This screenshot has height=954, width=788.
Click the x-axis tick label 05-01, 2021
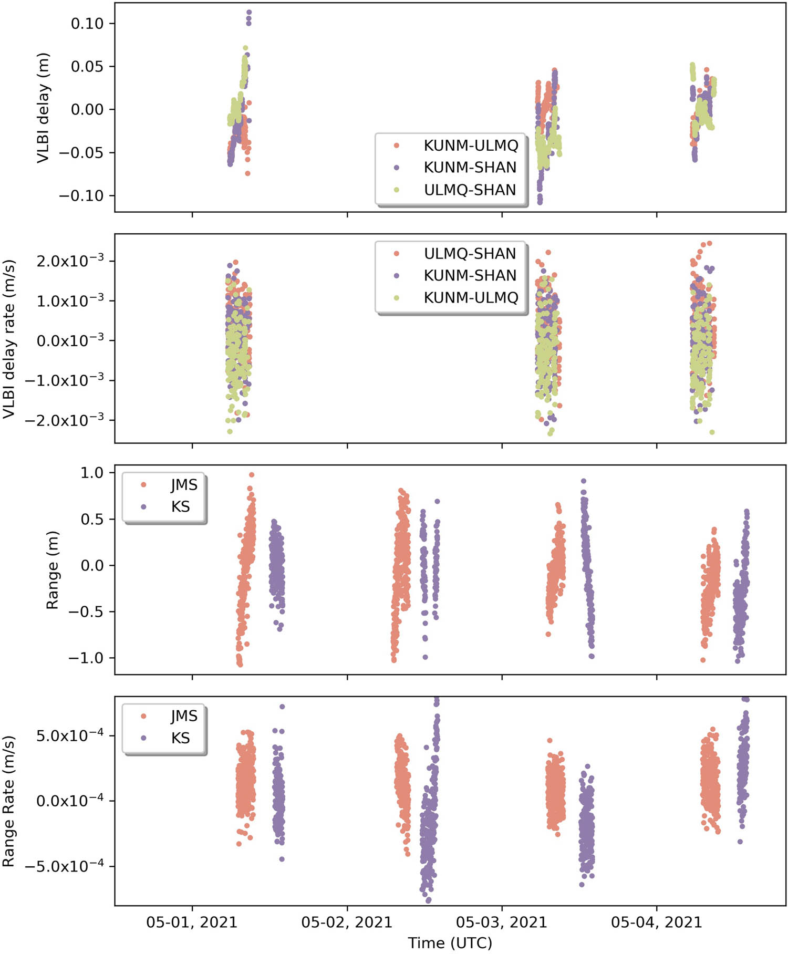[x=192, y=921]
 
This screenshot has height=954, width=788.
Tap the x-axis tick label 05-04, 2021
[x=656, y=921]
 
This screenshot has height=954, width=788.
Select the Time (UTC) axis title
[x=450, y=943]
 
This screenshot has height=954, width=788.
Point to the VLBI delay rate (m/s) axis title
[x=9, y=339]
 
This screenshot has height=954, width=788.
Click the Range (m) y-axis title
[x=52, y=570]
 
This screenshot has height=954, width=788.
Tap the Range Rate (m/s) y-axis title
[x=9, y=801]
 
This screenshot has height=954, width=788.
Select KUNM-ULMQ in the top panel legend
[x=471, y=146]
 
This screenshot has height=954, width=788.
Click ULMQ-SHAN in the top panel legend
[x=470, y=190]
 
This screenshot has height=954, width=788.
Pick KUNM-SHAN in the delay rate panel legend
[x=470, y=275]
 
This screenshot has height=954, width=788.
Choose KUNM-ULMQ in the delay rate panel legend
[x=471, y=298]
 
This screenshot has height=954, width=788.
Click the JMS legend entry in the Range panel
[x=184, y=484]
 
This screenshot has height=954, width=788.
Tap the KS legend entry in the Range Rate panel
[x=180, y=738]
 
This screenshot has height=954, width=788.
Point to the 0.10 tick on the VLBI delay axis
[x=87, y=24]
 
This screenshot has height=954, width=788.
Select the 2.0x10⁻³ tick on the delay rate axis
[x=70, y=261]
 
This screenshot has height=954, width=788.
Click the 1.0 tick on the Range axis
[x=91, y=473]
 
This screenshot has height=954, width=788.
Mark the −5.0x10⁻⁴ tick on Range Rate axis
[x=64, y=865]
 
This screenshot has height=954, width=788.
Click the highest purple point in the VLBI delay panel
[x=249, y=12]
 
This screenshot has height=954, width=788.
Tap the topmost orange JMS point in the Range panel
[x=252, y=474]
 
